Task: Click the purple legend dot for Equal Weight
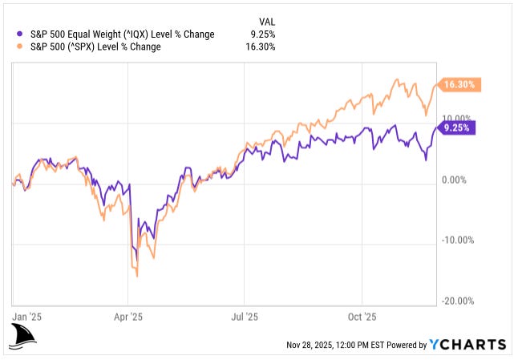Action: click(20, 34)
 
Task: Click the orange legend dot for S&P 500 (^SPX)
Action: click(20, 47)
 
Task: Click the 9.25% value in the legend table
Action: click(263, 34)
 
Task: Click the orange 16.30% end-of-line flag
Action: click(459, 84)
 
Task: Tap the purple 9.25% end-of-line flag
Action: click(457, 127)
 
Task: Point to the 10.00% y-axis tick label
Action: click(459, 119)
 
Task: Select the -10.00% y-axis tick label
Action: click(458, 240)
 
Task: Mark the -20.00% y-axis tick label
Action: click(458, 301)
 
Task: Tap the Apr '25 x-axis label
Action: click(128, 316)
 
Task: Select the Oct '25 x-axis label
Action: click(362, 316)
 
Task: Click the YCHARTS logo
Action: click(468, 345)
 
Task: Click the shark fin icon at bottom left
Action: click(25, 337)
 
